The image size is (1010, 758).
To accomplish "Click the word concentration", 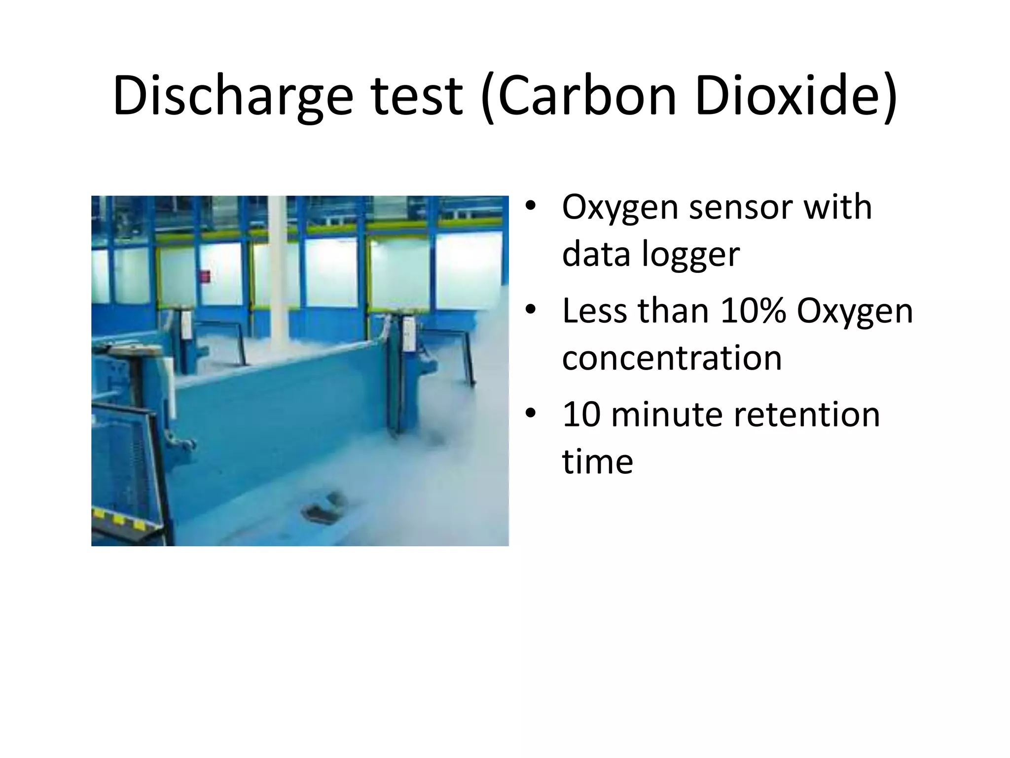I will point(672,358).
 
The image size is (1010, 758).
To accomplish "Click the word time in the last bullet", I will point(597,462).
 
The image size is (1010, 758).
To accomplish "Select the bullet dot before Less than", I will point(530,310).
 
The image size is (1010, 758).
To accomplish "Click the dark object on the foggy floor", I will point(326,506).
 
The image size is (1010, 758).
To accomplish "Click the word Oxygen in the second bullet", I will point(855,311).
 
